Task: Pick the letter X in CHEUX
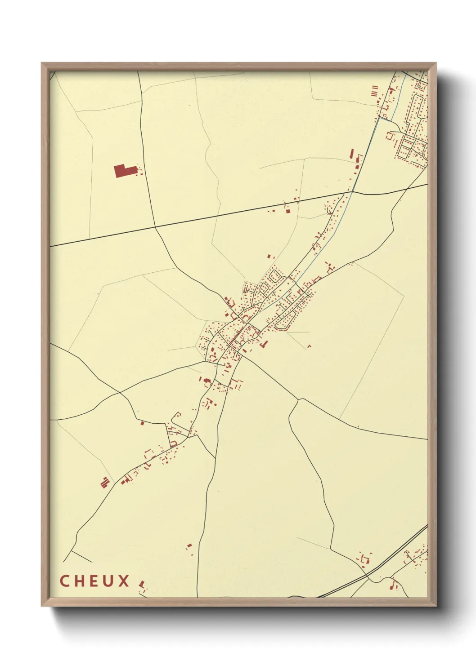[124, 581]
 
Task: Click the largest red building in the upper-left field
[124, 171]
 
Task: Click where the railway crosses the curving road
[368, 574]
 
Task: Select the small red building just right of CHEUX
[142, 585]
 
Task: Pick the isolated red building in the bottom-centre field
[189, 546]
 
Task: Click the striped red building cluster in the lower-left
[105, 483]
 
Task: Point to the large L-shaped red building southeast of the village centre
[264, 345]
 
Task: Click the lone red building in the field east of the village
[309, 346]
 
